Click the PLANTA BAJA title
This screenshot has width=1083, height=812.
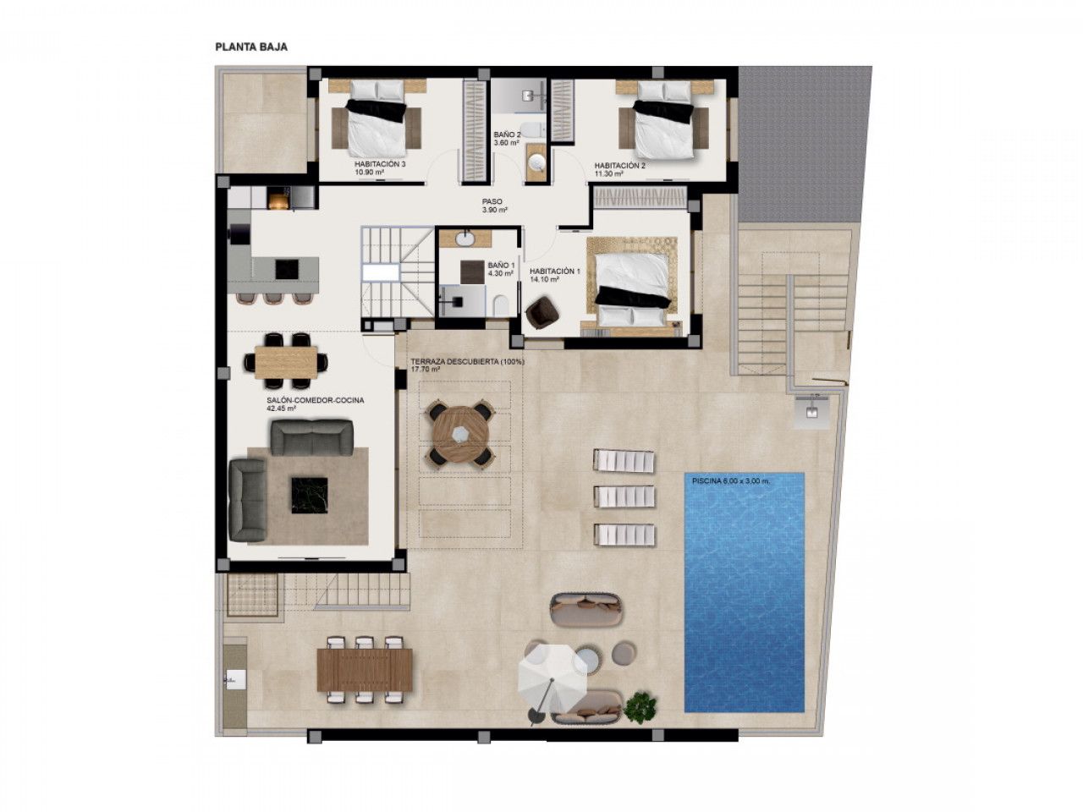(251, 47)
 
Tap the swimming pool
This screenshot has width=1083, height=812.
(744, 592)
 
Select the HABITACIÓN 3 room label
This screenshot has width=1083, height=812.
(379, 164)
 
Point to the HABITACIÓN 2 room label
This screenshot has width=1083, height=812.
(619, 166)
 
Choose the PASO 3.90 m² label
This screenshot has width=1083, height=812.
(494, 206)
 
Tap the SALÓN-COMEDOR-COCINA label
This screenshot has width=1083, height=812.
(316, 400)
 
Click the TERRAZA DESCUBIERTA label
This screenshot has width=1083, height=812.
(468, 361)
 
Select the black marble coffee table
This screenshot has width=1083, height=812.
(310, 495)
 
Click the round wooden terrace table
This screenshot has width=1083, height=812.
(459, 433)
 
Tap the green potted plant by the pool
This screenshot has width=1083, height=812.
(640, 708)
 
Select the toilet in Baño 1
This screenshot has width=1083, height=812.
(501, 305)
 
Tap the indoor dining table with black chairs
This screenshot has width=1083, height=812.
(286, 361)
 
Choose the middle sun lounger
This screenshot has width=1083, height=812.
(624, 496)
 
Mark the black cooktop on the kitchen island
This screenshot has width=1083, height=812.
(286, 269)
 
